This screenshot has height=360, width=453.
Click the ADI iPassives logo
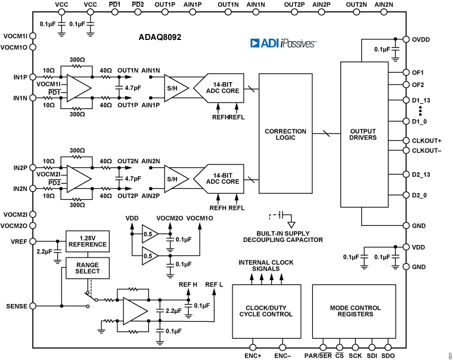pyautogui.click(x=282, y=43)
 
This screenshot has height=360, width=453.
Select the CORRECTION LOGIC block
pyautogui.click(x=285, y=134)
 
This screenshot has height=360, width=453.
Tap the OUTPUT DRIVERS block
pyautogui.click(x=364, y=134)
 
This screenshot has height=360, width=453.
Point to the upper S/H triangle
pyautogui.click(x=174, y=88)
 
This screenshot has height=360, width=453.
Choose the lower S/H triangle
pyautogui.click(x=174, y=179)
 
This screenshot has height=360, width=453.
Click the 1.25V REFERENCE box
pyautogui.click(x=88, y=241)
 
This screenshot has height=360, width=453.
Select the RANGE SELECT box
pyautogui.click(x=88, y=268)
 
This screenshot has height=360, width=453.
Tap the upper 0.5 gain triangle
pyautogui.click(x=148, y=234)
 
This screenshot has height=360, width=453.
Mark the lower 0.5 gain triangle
pyautogui.click(x=148, y=256)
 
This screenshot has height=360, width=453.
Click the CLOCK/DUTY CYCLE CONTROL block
pyautogui.click(x=266, y=311)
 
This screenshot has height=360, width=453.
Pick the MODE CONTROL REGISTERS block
pyautogui.click(x=354, y=311)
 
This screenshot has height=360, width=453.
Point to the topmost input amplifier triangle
pyautogui.click(x=77, y=88)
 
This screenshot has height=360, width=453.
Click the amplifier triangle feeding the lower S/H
pyautogui.click(x=77, y=179)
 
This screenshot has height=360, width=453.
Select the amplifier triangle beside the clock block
pyautogui.click(x=134, y=311)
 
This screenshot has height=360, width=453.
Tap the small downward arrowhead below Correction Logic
pyautogui.click(x=291, y=225)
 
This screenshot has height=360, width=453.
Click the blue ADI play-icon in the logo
pyautogui.click(x=255, y=43)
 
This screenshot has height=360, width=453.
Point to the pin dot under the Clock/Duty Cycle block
pyautogui.click(x=253, y=347)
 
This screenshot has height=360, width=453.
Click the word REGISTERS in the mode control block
pyautogui.click(x=355, y=315)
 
